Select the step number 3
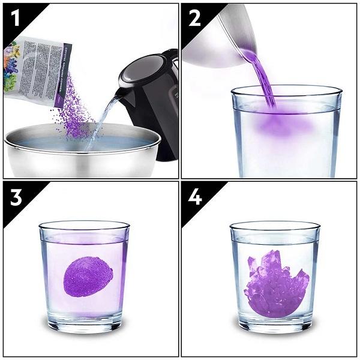click(x=14, y=197)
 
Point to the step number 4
click(x=194, y=197)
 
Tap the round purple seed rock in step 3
click(x=88, y=276)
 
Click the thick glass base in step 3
click(x=84, y=324)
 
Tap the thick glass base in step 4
click(x=275, y=324)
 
